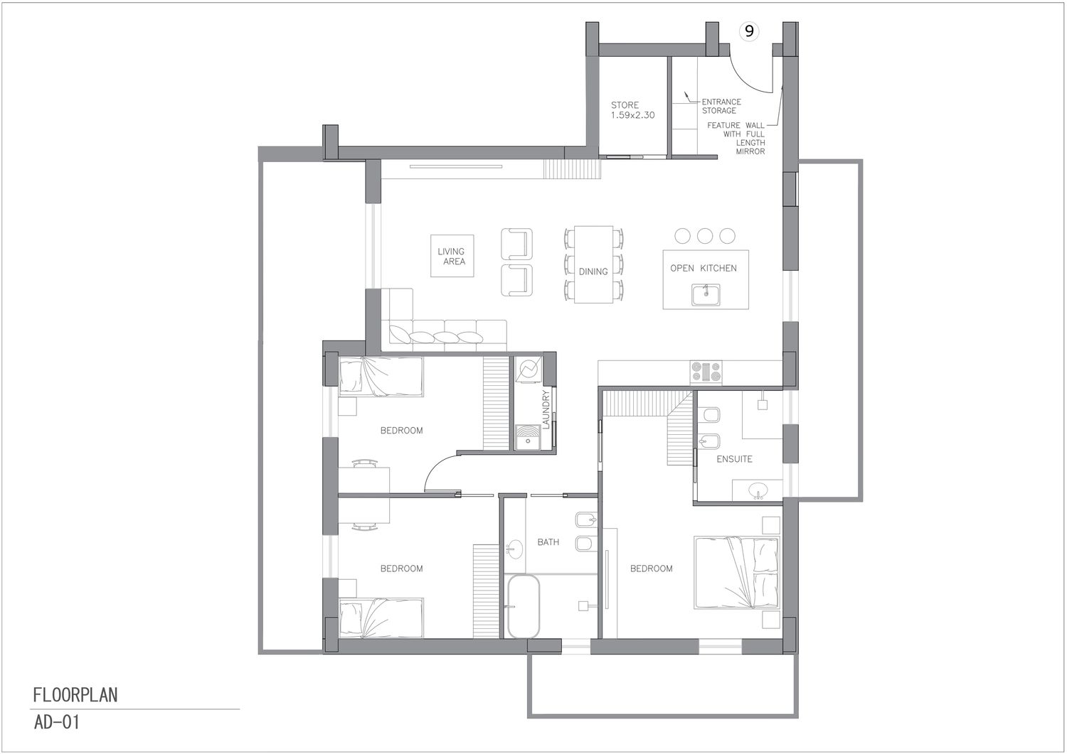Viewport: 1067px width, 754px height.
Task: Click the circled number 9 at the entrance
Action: (x=749, y=31)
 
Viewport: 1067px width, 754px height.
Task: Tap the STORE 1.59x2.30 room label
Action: (x=632, y=110)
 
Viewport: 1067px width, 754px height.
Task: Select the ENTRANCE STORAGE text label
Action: (x=721, y=106)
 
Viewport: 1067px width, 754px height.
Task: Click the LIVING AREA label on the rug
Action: (x=452, y=256)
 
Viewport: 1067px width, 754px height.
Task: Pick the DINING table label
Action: (x=593, y=271)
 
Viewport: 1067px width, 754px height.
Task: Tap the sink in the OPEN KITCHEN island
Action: (x=706, y=295)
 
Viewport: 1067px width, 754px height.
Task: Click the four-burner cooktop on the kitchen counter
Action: (x=706, y=372)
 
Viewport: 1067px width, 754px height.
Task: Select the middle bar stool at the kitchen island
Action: (x=704, y=236)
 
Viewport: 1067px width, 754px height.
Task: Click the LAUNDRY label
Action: (x=546, y=409)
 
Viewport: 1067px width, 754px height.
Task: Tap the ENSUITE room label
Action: (x=734, y=459)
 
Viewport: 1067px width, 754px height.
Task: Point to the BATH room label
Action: (x=548, y=542)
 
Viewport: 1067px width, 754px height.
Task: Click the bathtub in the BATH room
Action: (x=524, y=606)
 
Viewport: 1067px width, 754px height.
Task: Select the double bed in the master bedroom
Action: (x=737, y=573)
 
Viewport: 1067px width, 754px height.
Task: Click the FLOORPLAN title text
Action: (x=75, y=695)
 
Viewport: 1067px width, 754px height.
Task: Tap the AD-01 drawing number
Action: (x=56, y=723)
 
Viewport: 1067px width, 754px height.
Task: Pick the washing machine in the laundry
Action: (x=528, y=370)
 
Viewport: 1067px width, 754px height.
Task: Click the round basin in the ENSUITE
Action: (x=758, y=489)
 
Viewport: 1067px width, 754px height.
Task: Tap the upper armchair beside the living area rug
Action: (x=516, y=244)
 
